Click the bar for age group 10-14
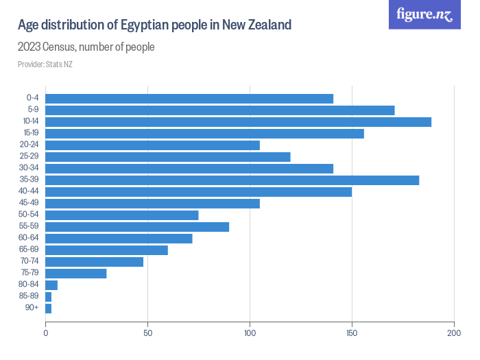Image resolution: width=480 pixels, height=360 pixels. (x=238, y=121)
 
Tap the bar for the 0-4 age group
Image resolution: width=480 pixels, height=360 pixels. (x=189, y=98)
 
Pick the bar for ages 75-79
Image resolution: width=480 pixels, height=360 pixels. (x=76, y=273)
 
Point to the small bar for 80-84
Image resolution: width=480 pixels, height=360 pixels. (x=51, y=285)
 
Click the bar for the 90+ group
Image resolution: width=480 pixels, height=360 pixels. (x=48, y=308)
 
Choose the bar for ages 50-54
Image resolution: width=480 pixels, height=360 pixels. (x=122, y=215)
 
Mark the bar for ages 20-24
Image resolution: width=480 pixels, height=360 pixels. (x=152, y=145)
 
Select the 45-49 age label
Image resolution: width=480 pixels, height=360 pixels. (x=29, y=203)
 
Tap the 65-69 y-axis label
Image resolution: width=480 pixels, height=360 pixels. (x=29, y=250)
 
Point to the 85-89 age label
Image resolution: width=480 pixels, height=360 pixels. (x=29, y=296)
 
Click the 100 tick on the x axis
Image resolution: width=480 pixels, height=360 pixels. (x=250, y=333)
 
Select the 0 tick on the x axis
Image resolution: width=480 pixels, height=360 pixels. (x=45, y=333)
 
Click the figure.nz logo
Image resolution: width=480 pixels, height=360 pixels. (x=424, y=14)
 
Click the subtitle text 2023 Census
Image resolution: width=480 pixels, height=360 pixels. (x=48, y=47)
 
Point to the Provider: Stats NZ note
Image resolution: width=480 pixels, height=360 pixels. (x=45, y=64)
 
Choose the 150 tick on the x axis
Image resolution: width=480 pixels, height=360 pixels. (x=352, y=333)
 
